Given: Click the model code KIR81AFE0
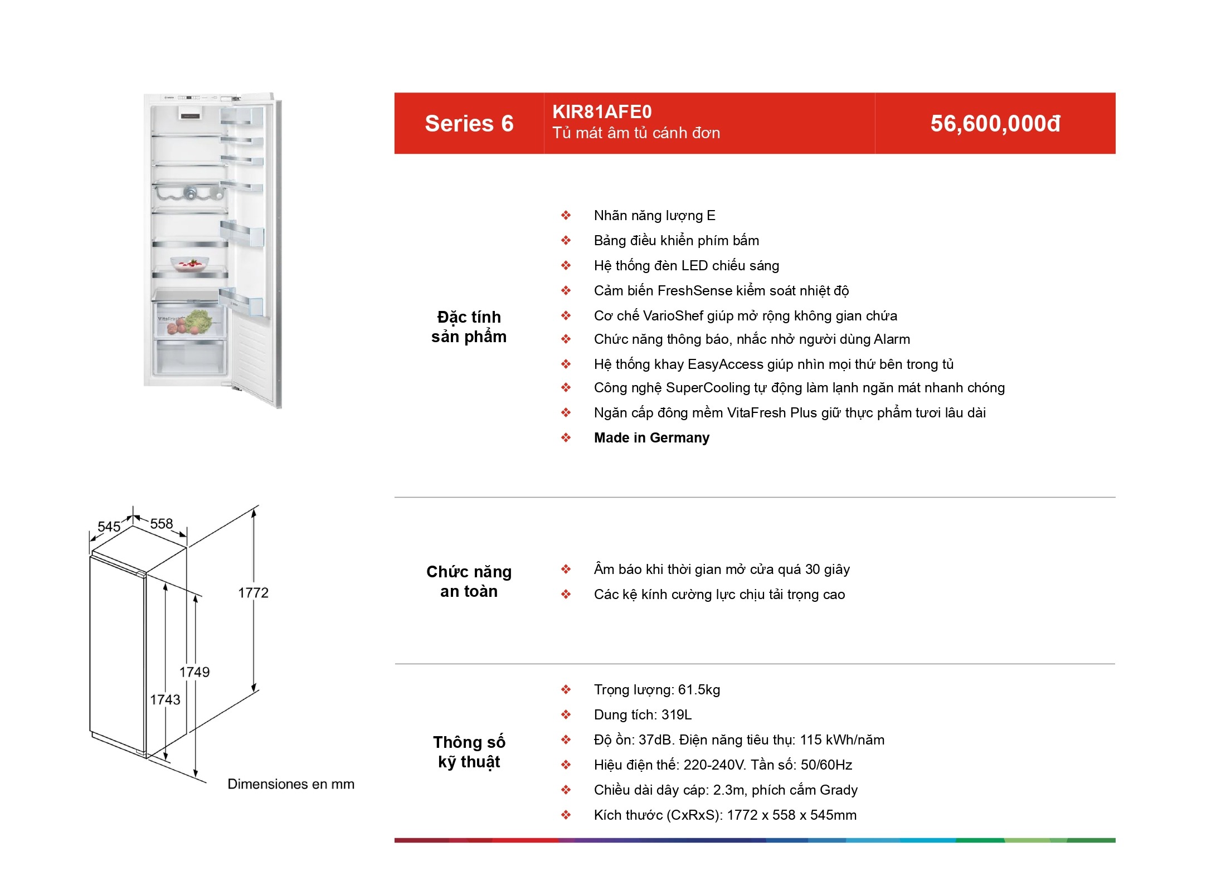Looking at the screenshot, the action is (x=602, y=112).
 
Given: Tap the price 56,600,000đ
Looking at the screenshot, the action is (x=995, y=124).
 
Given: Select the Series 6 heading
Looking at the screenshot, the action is (x=469, y=124).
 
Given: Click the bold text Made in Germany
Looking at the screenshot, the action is (x=651, y=438).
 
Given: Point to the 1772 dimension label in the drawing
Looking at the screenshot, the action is (x=253, y=592).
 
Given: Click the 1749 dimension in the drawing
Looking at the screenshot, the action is (x=194, y=672).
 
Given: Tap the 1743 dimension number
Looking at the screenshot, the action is (x=165, y=699).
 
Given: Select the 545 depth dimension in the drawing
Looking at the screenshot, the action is (x=109, y=527).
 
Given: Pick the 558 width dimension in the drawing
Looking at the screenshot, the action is (x=162, y=523).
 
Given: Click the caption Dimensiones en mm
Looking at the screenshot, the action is (x=291, y=784).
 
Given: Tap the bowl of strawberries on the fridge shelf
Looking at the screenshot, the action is (x=190, y=263).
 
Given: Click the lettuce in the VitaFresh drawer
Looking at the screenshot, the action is (x=199, y=321).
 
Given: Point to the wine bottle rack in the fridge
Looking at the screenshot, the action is (x=189, y=193).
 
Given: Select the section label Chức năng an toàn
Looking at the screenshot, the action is (x=469, y=581).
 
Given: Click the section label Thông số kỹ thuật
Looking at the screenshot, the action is (x=469, y=752).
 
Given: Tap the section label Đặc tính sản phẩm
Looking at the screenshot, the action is (x=469, y=327).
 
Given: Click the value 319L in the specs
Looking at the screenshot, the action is (x=676, y=715).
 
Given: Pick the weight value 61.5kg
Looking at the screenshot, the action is (x=699, y=690).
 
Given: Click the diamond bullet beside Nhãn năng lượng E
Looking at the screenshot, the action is (x=566, y=215).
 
